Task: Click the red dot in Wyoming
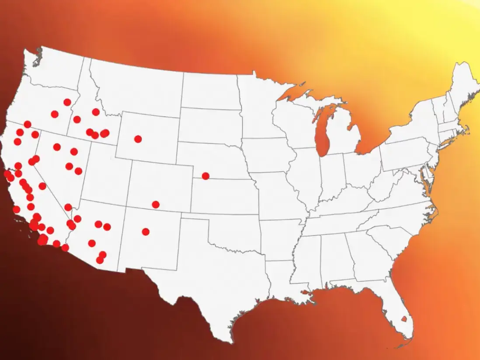click(x=138, y=139)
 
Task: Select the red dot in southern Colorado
click(x=156, y=204)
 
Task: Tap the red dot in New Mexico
click(x=146, y=232)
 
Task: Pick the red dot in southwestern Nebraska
click(x=205, y=176)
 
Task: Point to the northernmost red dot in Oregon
click(x=67, y=102)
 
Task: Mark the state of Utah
click(x=105, y=175)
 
